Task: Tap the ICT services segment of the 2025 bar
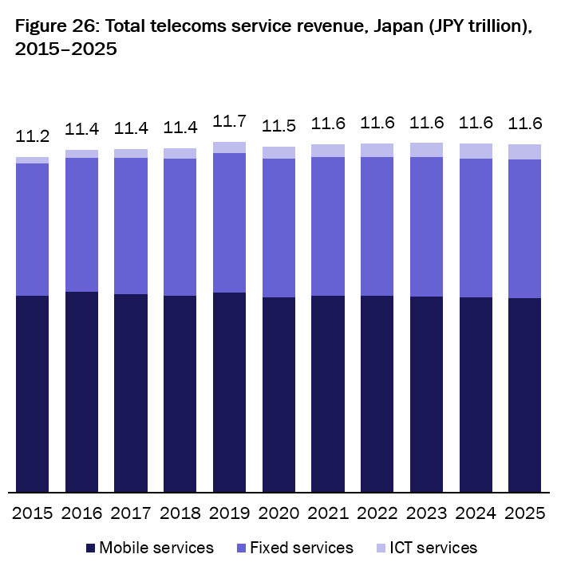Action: click(x=524, y=152)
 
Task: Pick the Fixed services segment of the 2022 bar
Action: click(x=377, y=226)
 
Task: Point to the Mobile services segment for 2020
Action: click(x=279, y=395)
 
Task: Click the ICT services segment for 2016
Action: click(x=81, y=154)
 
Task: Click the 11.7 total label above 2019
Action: click(x=229, y=122)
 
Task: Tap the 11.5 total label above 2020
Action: click(x=279, y=128)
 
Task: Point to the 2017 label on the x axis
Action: click(x=131, y=513)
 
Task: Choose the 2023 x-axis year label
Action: click(x=426, y=513)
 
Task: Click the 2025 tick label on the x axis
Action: click(x=524, y=513)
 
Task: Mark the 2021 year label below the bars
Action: click(x=328, y=513)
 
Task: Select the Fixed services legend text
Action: click(x=301, y=548)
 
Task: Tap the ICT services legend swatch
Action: click(x=381, y=548)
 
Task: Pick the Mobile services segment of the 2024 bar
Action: click(x=476, y=395)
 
